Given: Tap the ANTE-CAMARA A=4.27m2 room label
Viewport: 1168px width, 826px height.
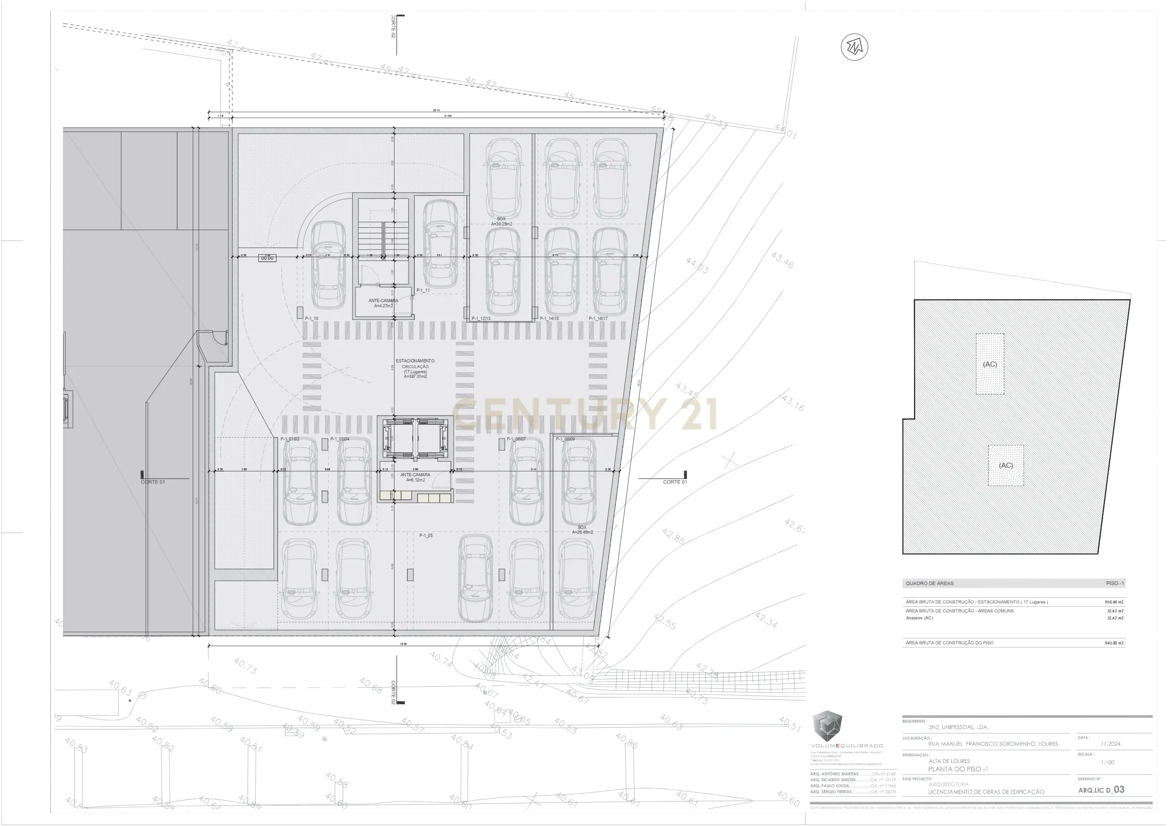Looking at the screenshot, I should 383,303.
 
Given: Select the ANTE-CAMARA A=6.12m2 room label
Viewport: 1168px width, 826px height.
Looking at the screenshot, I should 415,477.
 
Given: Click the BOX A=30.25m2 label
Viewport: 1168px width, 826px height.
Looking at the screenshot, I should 501,221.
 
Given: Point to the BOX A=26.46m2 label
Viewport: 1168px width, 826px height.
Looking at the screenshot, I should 582,530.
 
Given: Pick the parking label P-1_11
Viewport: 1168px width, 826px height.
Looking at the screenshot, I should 423,291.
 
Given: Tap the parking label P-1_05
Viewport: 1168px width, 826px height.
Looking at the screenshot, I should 426,536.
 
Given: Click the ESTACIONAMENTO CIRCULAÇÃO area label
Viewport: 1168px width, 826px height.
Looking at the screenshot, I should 415,369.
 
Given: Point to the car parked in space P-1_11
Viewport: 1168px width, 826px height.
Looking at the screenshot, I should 440,244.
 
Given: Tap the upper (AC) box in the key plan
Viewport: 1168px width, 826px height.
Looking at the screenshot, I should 990,364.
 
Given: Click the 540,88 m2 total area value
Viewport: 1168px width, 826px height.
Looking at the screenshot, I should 1114,643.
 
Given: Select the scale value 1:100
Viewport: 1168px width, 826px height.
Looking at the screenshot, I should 1107,762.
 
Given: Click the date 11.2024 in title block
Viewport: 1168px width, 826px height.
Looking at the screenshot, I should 1111,744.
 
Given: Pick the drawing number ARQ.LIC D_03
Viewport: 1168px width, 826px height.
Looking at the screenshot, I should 1101,790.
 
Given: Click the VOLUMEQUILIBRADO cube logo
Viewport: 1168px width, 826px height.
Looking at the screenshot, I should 827,726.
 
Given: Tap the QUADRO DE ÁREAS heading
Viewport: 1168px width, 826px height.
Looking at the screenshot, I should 929,584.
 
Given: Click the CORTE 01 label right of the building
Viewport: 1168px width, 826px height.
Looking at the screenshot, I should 675,481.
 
